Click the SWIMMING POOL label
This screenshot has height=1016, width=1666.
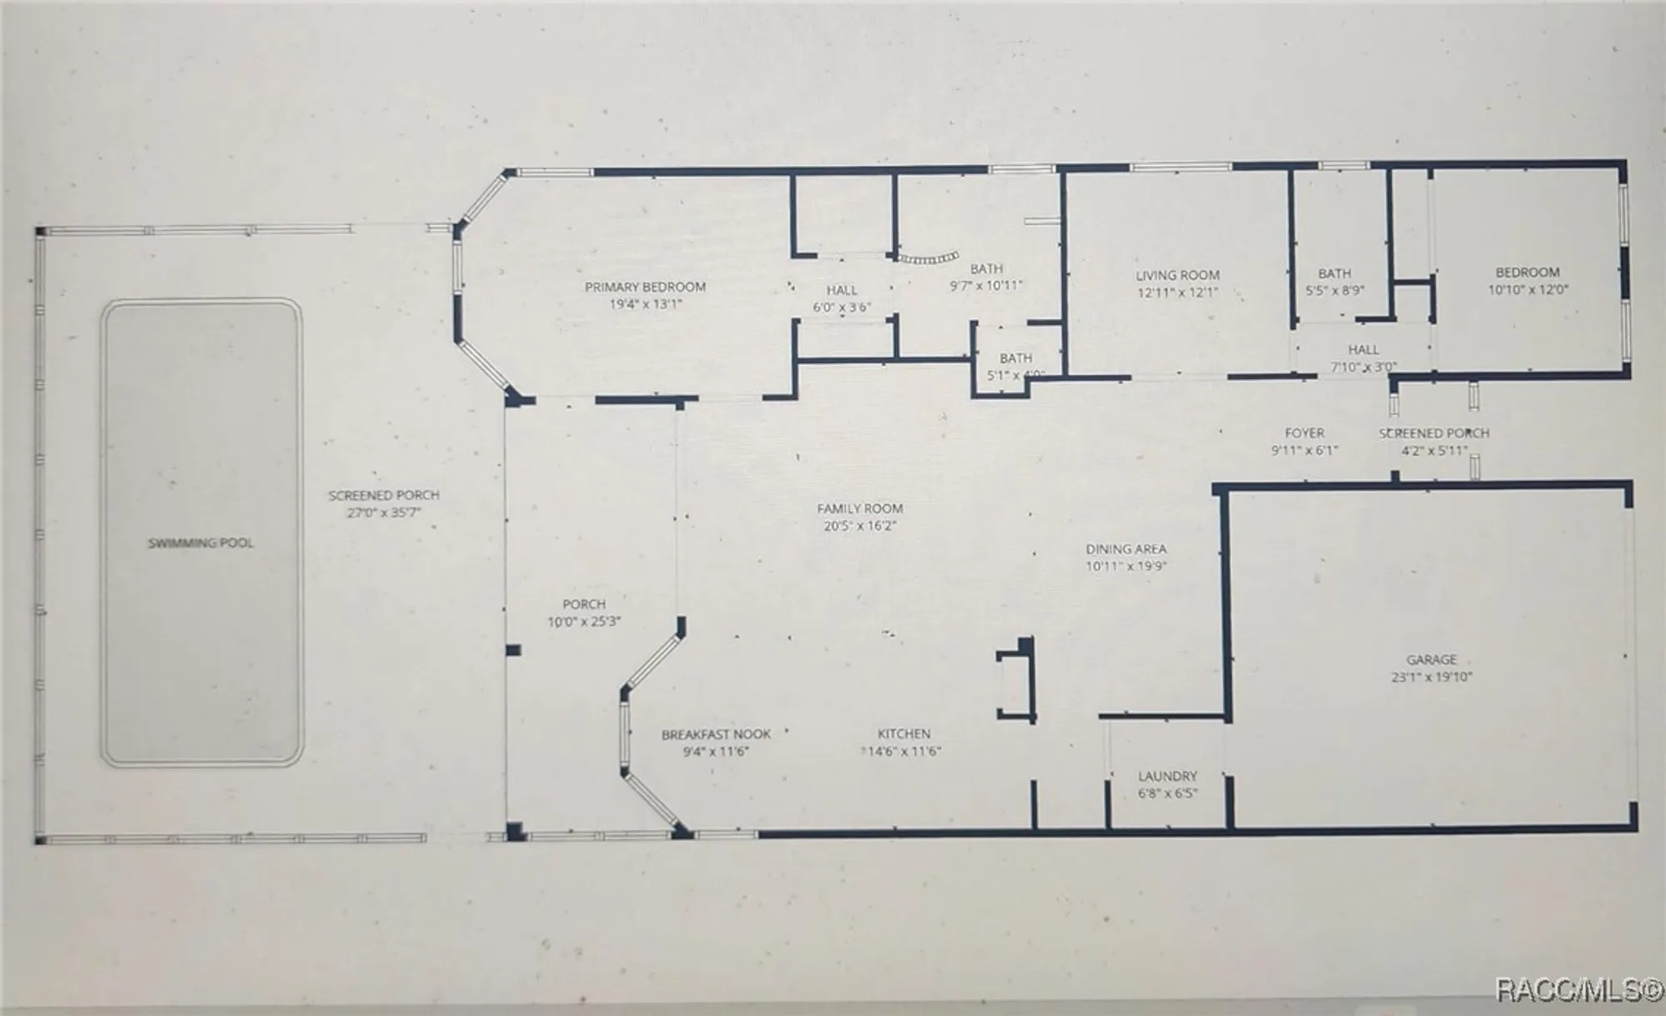point(201,543)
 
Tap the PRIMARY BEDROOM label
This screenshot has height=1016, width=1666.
point(646,288)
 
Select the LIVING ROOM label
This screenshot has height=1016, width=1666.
point(1177,275)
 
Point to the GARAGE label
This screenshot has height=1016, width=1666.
point(1431,659)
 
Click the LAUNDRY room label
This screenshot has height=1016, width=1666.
point(1167,776)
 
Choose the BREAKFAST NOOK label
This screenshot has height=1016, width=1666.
point(716,734)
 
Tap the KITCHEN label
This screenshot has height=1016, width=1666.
point(904,733)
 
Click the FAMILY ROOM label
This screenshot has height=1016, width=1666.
point(860,508)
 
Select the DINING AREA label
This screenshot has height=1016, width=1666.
point(1125,549)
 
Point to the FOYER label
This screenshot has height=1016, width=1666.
point(1304,433)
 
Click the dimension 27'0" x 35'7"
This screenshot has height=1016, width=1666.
point(384,513)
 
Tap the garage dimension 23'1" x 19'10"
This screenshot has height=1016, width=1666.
point(1431,677)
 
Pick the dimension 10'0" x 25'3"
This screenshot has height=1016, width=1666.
point(584,622)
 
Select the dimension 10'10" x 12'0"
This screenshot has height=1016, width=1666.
point(1528,290)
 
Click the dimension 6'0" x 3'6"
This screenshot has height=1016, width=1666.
point(841,307)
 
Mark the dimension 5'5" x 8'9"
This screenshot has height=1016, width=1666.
point(1334,291)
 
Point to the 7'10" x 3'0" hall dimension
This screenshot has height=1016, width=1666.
point(1364,367)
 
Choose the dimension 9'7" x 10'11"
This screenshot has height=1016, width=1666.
point(986,286)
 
